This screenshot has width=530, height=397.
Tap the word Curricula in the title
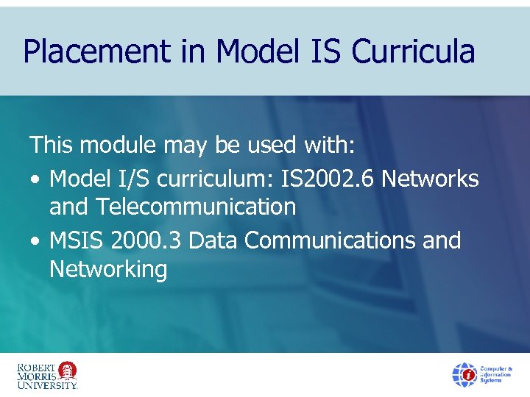click(x=413, y=52)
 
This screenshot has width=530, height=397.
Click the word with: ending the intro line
click(x=329, y=146)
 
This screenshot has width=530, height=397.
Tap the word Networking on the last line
click(x=108, y=270)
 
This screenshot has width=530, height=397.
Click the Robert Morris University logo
click(x=47, y=374)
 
